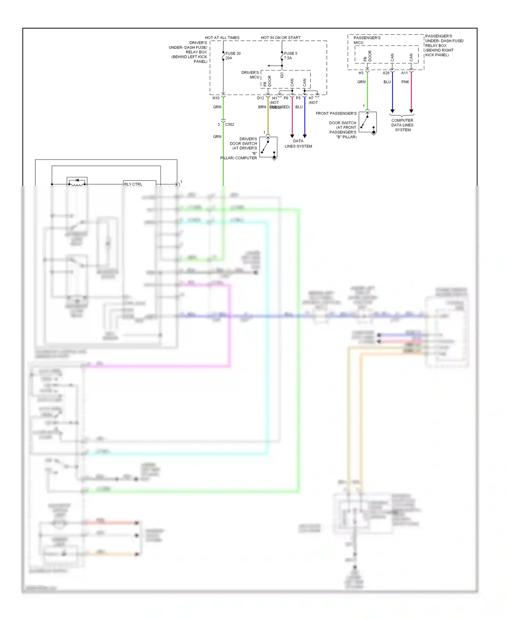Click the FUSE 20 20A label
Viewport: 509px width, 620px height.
(x=233, y=56)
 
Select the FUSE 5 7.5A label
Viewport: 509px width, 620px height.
(x=290, y=56)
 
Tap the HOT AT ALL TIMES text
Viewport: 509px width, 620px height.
(x=222, y=38)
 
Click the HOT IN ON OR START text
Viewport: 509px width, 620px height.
(x=281, y=38)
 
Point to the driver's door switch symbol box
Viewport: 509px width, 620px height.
(x=268, y=147)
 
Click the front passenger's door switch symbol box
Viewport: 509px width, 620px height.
(x=367, y=122)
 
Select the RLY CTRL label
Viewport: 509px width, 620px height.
(x=133, y=184)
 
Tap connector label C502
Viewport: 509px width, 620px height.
(x=230, y=124)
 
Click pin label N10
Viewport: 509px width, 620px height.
(x=216, y=98)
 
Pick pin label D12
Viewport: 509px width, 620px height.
(x=260, y=98)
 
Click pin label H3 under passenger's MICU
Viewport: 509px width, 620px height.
(x=361, y=73)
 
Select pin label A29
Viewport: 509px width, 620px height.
(x=386, y=73)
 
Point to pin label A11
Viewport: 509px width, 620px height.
(x=404, y=73)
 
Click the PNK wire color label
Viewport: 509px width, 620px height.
(x=405, y=82)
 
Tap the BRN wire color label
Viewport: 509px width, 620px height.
(x=262, y=107)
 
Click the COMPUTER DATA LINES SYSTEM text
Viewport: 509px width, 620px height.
(x=402, y=125)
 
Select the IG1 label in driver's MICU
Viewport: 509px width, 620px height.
(x=282, y=75)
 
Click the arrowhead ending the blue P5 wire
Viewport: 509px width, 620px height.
(x=305, y=136)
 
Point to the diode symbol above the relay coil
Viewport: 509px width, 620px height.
(x=77, y=180)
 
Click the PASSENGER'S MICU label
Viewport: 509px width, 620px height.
(x=367, y=40)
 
